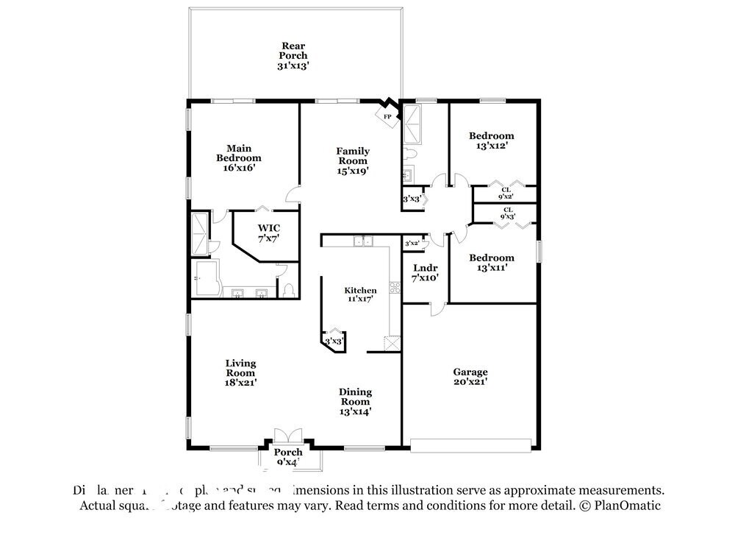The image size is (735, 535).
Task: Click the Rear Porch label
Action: pos(293,55)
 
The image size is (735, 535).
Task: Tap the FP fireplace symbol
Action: pos(387,116)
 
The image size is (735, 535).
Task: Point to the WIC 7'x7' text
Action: pos(267,233)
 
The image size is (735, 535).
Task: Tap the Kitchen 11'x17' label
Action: pos(360,295)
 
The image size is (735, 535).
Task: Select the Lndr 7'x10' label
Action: pos(425,273)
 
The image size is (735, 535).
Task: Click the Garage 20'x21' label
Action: pos(470,377)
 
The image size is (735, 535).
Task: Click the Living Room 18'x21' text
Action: pos(240,372)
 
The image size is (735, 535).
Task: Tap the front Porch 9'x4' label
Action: pos(288,457)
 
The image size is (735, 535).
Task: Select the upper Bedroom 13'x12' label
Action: pos(492,141)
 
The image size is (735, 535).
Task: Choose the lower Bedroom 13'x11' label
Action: pos(492,263)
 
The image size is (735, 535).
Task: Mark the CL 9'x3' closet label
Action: pos(507,213)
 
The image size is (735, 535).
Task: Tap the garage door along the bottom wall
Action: pos(470,445)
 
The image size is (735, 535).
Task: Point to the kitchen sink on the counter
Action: pos(363,241)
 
